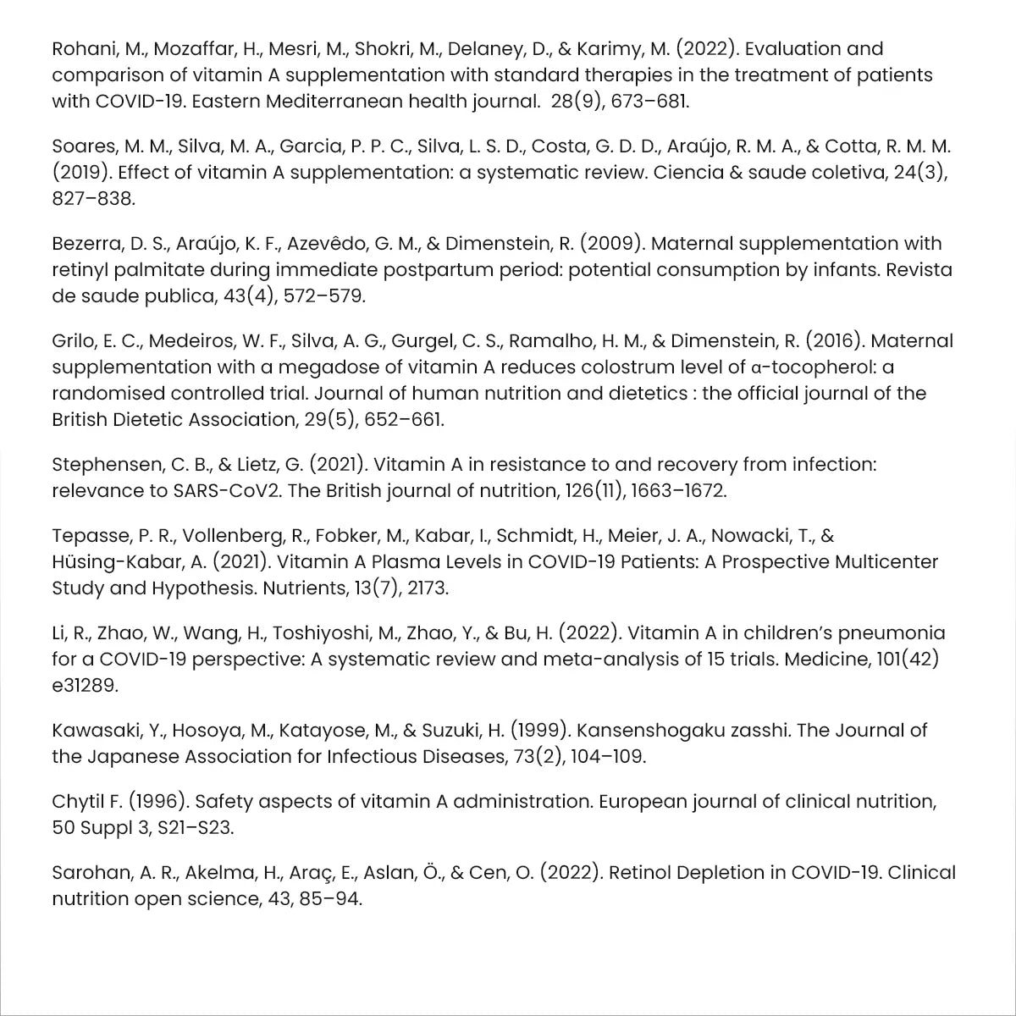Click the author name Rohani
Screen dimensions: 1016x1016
click(x=83, y=49)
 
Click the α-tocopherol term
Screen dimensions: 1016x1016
click(x=814, y=367)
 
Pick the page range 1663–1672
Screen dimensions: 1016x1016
click(x=677, y=491)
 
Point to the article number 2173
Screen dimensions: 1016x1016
click(x=428, y=588)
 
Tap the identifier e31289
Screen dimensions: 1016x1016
click(x=85, y=686)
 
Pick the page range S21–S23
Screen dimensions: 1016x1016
click(x=195, y=828)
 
